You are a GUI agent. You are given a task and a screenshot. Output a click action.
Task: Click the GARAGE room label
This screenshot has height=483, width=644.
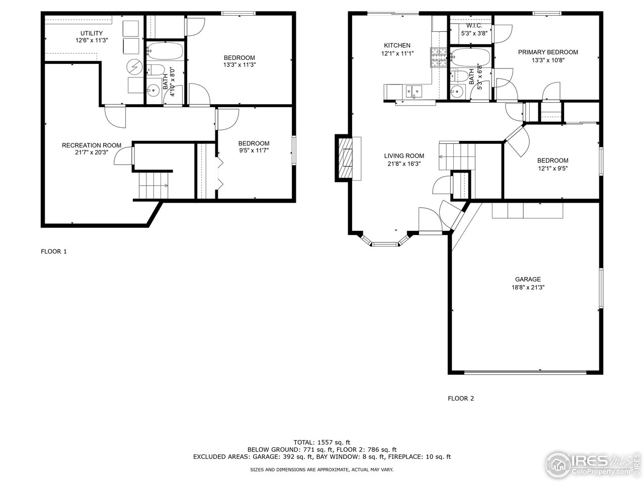[x=527, y=279]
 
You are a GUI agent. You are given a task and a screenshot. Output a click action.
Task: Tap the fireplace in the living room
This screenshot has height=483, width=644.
[x=346, y=158]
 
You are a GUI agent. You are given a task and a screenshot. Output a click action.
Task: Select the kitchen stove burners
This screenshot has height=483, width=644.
[x=437, y=58]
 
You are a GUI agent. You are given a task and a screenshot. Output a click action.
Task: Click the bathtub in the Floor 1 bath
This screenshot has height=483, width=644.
[x=165, y=51]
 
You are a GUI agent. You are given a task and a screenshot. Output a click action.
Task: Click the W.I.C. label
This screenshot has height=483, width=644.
[x=473, y=25]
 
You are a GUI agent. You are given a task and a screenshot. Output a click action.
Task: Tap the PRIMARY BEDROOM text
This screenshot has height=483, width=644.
[x=548, y=52]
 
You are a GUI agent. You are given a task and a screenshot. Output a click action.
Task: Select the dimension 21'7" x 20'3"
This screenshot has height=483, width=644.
[x=91, y=153]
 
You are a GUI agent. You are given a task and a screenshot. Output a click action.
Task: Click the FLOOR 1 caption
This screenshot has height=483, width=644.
[x=53, y=252]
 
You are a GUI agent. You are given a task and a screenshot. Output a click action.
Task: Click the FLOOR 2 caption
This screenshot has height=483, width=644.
[x=461, y=398]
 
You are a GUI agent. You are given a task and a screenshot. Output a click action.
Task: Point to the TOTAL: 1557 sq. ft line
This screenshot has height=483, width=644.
[x=322, y=442]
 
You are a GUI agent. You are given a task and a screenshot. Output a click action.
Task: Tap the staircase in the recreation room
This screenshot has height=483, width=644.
[x=154, y=186]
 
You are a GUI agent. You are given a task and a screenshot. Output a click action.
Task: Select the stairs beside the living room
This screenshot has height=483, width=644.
[x=457, y=156]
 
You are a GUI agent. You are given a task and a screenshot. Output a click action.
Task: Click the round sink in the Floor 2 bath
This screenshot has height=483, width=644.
[x=457, y=92]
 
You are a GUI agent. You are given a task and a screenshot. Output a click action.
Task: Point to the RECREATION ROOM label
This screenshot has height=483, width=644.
[x=91, y=145]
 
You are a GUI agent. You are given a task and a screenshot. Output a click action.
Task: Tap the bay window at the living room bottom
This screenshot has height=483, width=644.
[x=384, y=245]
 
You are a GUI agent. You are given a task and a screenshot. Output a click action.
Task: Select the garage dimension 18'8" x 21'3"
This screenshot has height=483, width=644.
[x=527, y=287]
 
